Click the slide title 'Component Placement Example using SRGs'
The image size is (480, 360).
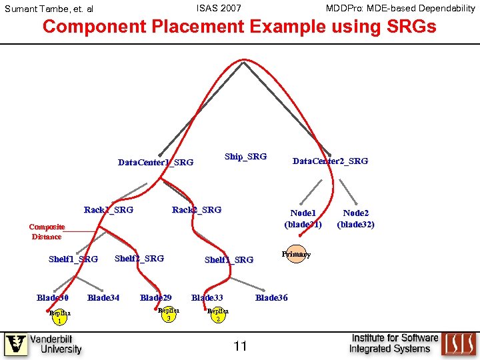click(x=239, y=27)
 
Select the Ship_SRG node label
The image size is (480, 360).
click(x=245, y=156)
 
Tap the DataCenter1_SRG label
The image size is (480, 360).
click(x=155, y=162)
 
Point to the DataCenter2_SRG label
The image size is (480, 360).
click(x=330, y=161)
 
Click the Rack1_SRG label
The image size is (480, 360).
click(x=108, y=210)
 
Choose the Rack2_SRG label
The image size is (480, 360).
click(x=196, y=210)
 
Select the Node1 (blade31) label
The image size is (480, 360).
click(x=303, y=219)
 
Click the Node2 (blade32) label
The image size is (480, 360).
click(x=355, y=219)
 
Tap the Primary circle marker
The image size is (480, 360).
click(x=295, y=254)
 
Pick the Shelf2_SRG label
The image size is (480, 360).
click(x=139, y=258)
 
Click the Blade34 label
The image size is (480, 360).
click(x=103, y=297)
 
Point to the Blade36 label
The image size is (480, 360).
click(x=271, y=297)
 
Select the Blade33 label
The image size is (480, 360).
click(x=207, y=297)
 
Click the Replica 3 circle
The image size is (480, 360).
click(x=169, y=314)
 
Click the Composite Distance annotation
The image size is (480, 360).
click(x=47, y=231)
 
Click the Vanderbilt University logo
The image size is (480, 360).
click(x=43, y=344)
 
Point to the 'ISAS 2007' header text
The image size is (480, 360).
click(x=219, y=8)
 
